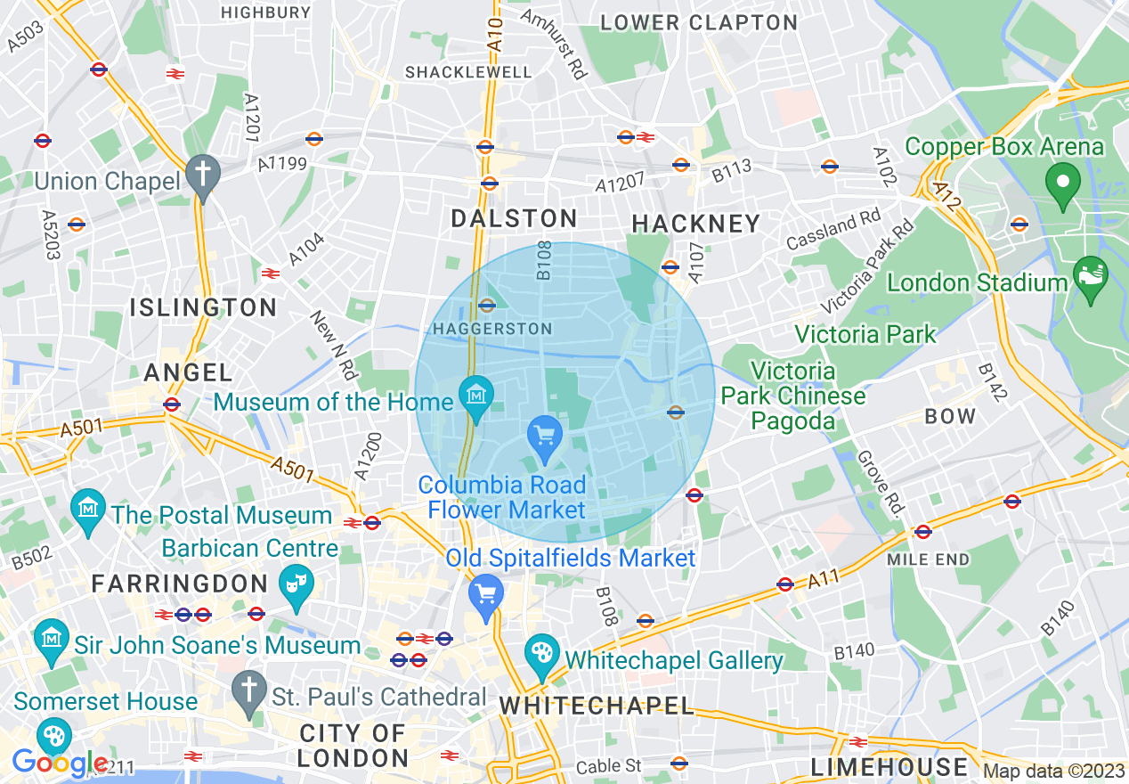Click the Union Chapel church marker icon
(x=203, y=175)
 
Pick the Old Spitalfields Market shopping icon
(x=486, y=593)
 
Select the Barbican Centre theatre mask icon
(x=295, y=584)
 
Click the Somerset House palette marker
(x=55, y=736)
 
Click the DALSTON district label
(x=514, y=218)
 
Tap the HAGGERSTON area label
(x=492, y=329)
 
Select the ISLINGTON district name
(x=204, y=308)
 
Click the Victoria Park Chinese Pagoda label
(x=793, y=395)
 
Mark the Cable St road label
(x=608, y=766)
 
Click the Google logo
(x=60, y=763)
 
